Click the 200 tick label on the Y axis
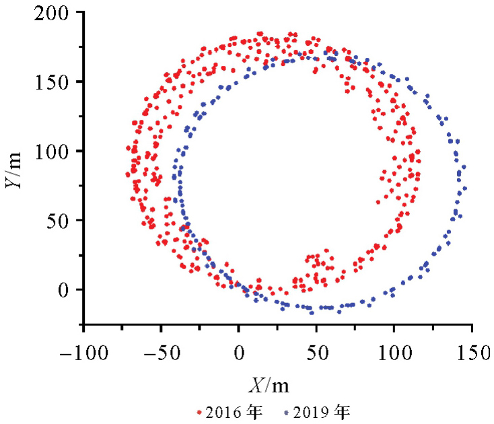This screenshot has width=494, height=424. coord(57,13)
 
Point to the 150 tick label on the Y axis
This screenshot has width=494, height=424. coord(57,82)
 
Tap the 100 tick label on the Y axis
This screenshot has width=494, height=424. coord(57,151)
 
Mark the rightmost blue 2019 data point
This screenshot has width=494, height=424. coord(464,188)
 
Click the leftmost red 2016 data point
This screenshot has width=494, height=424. coord(127,175)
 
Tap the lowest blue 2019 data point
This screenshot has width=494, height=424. coord(312,312)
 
